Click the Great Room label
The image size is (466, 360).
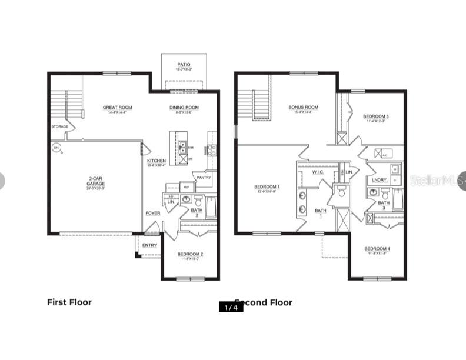pyautogui.click(x=117, y=108)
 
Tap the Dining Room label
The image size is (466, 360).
pyautogui.click(x=184, y=108)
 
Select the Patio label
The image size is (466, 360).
pyautogui.click(x=184, y=65)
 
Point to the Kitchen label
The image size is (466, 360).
pyautogui.click(x=157, y=161)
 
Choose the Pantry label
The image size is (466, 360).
pyautogui.click(x=204, y=177)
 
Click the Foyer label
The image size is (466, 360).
pyautogui.click(x=153, y=213)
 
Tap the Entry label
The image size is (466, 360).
pyautogui.click(x=149, y=245)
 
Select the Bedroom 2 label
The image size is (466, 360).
pyautogui.click(x=190, y=254)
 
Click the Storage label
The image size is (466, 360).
pyautogui.click(x=59, y=126)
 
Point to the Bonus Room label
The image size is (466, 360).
pyautogui.click(x=303, y=108)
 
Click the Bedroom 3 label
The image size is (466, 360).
pyautogui.click(x=375, y=116)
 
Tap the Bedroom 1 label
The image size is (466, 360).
pyautogui.click(x=267, y=187)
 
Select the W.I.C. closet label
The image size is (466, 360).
pyautogui.click(x=318, y=172)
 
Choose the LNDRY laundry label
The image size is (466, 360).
pyautogui.click(x=379, y=180)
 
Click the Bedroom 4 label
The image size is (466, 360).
pyautogui.click(x=377, y=248)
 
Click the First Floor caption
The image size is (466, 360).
pyautogui.click(x=69, y=302)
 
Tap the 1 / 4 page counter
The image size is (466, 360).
pyautogui.click(x=231, y=306)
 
